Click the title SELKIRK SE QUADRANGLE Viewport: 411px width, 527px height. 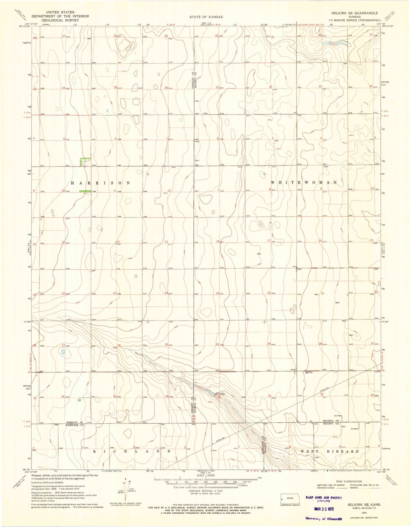point(357,13)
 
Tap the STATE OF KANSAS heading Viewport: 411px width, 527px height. point(206,17)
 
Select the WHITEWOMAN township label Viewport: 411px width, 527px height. point(304,182)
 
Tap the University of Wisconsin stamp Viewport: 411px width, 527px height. point(324,518)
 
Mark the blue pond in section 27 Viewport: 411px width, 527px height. point(63,352)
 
